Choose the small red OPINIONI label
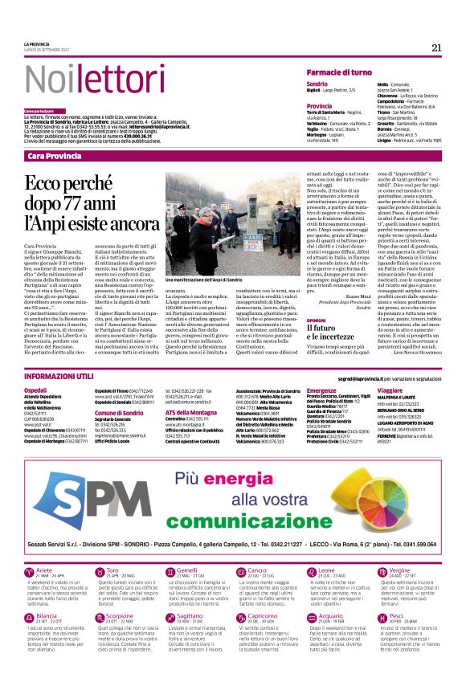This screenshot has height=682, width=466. point(317,320)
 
